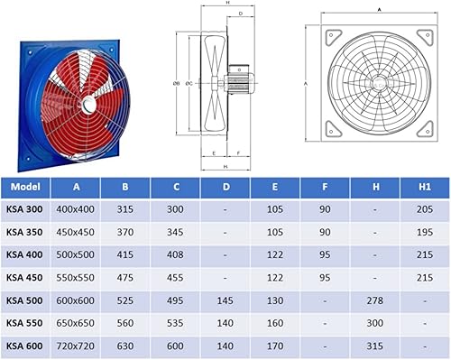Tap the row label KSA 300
coord(24,209)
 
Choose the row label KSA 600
coord(24,346)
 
